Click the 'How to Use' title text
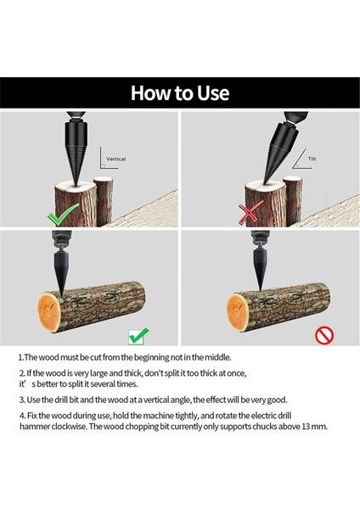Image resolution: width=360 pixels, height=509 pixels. (x=180, y=92)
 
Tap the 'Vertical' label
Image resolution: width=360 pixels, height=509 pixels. (x=116, y=159)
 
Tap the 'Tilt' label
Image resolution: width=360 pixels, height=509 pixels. (x=312, y=159)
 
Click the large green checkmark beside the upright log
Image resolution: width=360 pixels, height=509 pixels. (x=63, y=215)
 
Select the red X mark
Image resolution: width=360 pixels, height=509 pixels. (x=250, y=213)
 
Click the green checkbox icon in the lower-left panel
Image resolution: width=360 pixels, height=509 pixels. (x=138, y=336)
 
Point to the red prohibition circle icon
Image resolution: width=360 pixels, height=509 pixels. (x=324, y=335)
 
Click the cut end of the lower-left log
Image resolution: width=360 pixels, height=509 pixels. (x=50, y=311)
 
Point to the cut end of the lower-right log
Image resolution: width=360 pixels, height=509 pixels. (x=238, y=311)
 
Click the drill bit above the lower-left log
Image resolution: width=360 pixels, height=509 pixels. (x=61, y=272)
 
